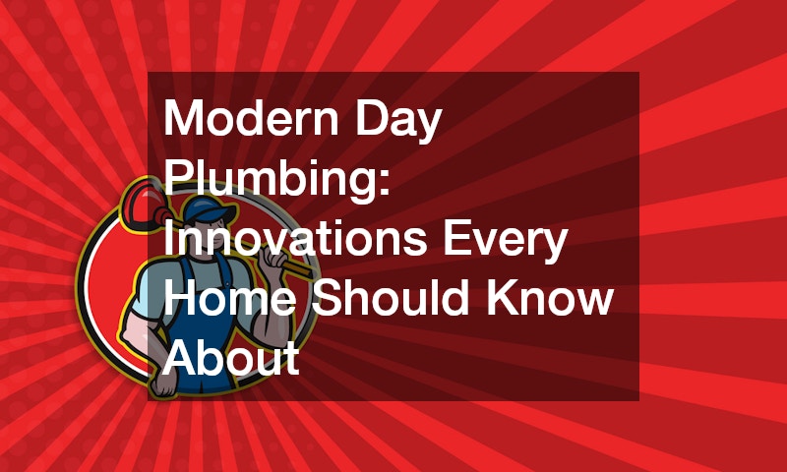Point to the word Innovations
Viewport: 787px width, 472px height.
click(x=295, y=238)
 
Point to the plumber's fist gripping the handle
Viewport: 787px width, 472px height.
click(x=275, y=260)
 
